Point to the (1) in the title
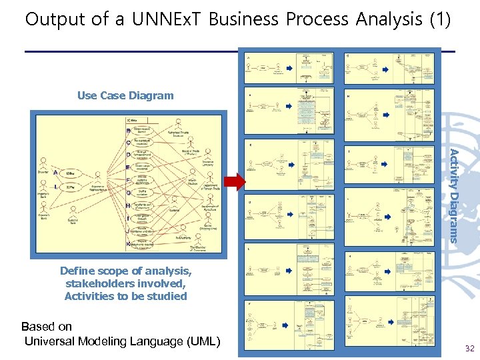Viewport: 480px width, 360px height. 439,19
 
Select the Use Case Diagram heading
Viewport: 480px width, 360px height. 125,95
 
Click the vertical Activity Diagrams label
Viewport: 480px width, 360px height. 453,195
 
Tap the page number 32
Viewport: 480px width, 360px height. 469,348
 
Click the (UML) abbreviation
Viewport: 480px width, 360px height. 199,342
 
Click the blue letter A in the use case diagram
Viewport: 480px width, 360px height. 55,173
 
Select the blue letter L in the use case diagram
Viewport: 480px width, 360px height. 55,187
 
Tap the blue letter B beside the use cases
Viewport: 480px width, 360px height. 127,131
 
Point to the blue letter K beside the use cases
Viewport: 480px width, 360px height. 127,245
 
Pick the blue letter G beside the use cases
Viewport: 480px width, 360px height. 127,193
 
